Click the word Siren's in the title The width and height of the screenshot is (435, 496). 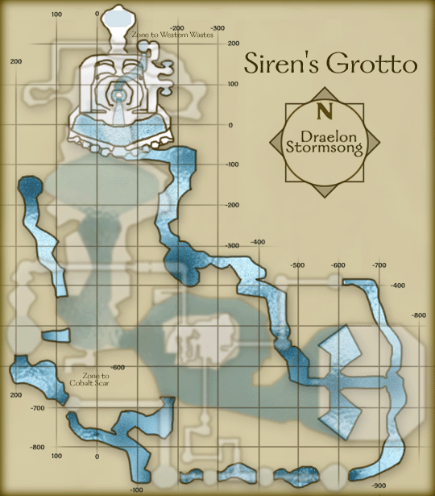279,62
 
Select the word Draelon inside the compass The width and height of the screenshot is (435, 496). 325,135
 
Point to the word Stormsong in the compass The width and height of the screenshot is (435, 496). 325,148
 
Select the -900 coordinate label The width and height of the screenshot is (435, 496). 379,486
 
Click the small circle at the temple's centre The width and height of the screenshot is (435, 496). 118,94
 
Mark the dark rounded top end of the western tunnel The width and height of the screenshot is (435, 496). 30,186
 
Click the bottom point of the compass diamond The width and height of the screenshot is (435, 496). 325,196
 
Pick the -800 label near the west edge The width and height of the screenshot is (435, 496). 37,447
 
